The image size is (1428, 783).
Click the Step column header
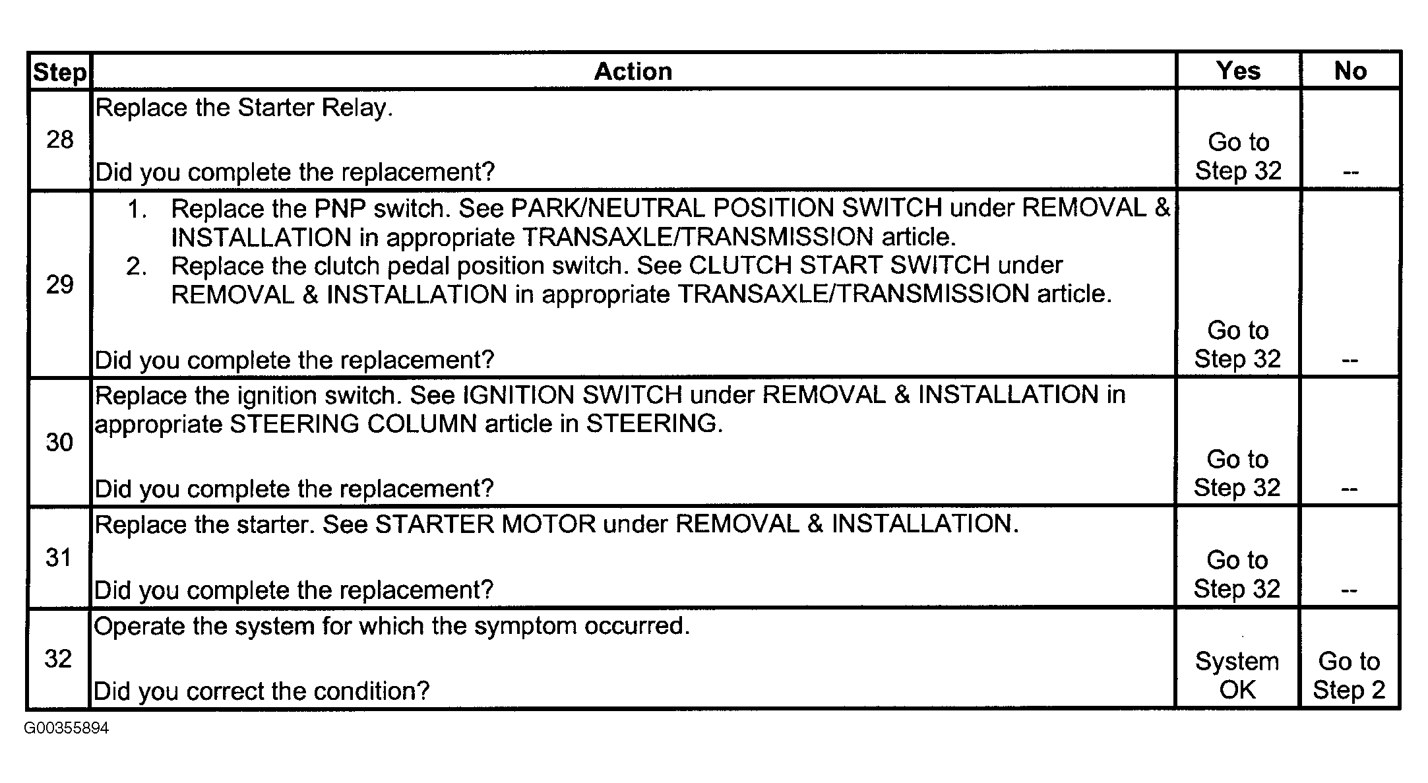point(59,72)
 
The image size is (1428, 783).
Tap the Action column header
point(633,71)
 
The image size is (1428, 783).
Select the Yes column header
point(1239,71)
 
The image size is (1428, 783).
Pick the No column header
point(1350,71)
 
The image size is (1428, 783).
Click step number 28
point(59,139)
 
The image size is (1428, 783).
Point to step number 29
point(59,284)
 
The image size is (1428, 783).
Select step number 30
point(59,442)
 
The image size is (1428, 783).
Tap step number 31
point(58,557)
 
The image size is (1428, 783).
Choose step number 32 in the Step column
point(58,658)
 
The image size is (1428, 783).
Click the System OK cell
point(1237,675)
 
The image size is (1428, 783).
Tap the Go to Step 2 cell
point(1349,675)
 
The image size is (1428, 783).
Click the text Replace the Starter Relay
point(244,108)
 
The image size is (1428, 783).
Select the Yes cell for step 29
point(1237,344)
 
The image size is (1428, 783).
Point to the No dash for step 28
point(1350,173)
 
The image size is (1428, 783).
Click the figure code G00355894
point(67,728)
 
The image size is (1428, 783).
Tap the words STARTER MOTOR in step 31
point(485,524)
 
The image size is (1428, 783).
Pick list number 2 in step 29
point(136,266)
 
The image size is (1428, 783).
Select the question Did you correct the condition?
point(262,691)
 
